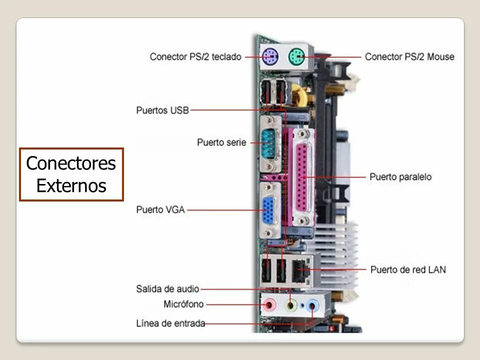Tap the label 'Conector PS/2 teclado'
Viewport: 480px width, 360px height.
[195, 56]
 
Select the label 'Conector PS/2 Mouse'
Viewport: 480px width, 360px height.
[409, 56]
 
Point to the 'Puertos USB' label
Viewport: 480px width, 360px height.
[162, 110]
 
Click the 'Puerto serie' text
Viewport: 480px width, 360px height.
[221, 142]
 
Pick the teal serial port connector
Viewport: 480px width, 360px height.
[269, 143]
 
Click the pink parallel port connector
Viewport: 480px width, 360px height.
[302, 175]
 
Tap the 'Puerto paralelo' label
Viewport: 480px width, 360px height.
[400, 177]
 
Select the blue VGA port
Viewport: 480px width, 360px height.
[269, 210]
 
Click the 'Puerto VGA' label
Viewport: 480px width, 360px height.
[160, 210]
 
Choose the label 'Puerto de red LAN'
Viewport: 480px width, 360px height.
[408, 270]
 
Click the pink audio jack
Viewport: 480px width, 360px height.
[270, 303]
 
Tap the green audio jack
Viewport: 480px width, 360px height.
[291, 303]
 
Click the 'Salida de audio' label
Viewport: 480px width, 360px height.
[167, 289]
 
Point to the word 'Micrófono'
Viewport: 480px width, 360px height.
[183, 304]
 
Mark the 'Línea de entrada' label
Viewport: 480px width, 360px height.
[170, 323]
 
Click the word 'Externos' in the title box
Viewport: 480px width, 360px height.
[71, 186]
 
